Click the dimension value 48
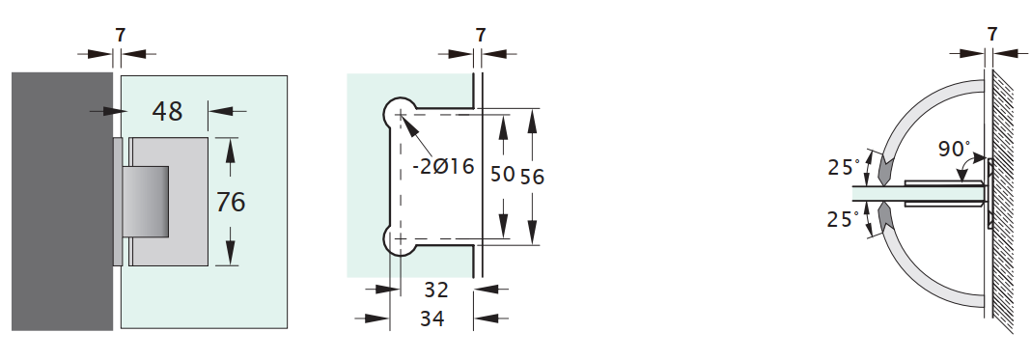pos(167,111)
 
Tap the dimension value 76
pos(231,202)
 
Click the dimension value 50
pos(502,175)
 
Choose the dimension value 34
pos(432,318)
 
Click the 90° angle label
pos(953,150)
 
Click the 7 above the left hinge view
pos(120,35)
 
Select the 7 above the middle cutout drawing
pos(481,35)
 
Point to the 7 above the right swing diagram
pos(992,35)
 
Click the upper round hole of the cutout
pos(399,114)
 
